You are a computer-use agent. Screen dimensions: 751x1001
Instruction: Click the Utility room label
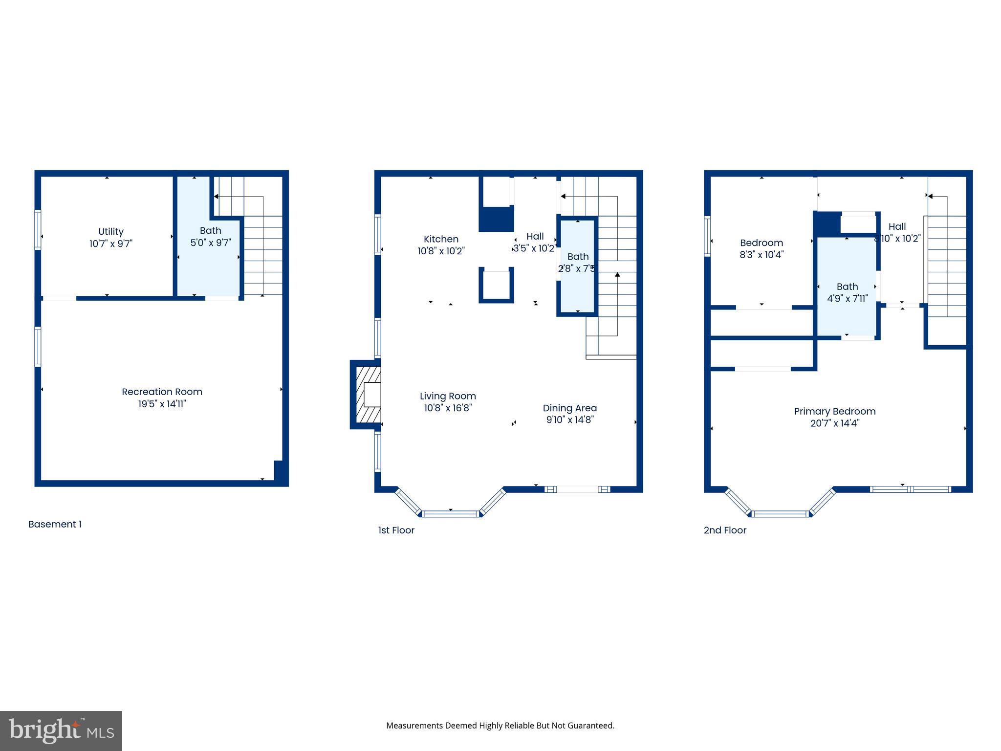(111, 232)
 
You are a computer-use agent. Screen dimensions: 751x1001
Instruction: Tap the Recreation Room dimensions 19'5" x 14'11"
(162, 404)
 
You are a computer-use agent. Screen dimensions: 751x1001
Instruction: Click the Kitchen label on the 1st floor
(441, 239)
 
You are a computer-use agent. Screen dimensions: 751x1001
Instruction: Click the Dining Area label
(569, 408)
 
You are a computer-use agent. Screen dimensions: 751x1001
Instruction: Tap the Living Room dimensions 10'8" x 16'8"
(447, 408)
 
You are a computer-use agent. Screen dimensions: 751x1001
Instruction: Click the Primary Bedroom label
(834, 411)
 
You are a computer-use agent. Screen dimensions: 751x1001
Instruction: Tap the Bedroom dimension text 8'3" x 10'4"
(761, 255)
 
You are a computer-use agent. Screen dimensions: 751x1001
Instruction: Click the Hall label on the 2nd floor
(897, 226)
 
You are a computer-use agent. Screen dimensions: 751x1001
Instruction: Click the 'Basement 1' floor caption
(55, 524)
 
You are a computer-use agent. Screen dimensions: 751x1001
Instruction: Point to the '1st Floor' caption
(396, 530)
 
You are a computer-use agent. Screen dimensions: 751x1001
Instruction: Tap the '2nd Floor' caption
(725, 530)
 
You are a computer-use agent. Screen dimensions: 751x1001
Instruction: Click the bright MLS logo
(61, 730)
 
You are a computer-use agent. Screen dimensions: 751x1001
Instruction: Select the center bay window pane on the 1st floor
(450, 513)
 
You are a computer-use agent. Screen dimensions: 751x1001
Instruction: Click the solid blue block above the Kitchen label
(496, 219)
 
